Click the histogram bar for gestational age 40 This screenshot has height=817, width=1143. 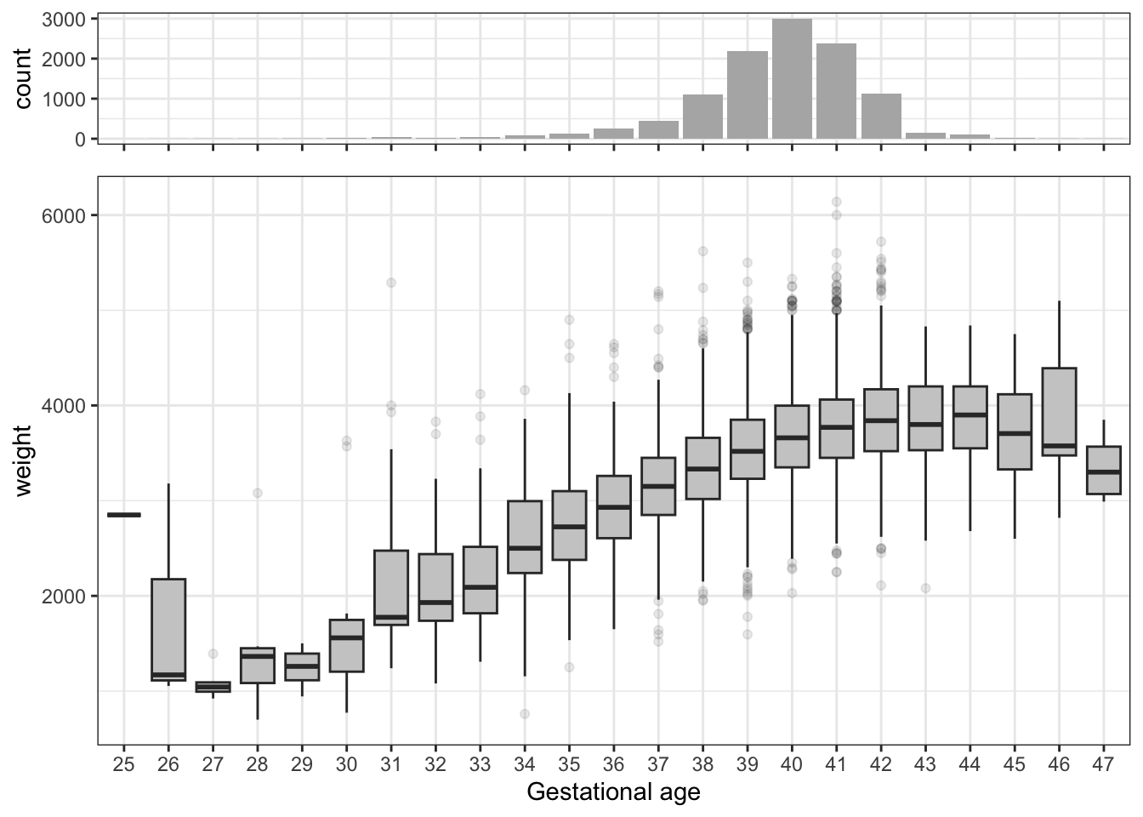coord(792,78)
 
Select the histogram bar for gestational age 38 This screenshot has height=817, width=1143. coord(702,117)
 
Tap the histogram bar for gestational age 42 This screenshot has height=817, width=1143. coord(881,116)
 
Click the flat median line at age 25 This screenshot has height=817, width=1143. coord(124,515)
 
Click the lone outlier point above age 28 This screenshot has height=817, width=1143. coord(258,493)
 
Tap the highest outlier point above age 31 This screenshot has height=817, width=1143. coord(391,283)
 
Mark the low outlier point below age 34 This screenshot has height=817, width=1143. coord(525,713)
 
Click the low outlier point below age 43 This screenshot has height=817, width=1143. coord(925,588)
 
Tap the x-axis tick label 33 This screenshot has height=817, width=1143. coord(481,765)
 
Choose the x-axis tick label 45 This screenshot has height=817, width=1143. coord(1015,765)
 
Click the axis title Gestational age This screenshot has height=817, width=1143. coord(613,792)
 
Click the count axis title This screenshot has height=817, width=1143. coord(23,78)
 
